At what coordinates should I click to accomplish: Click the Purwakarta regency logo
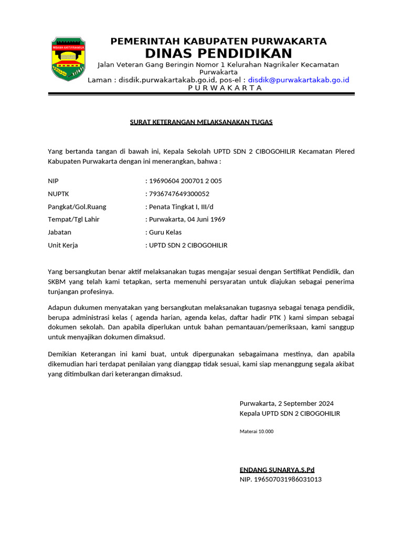pyautogui.click(x=68, y=59)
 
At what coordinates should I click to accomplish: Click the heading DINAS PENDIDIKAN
pyautogui.click(x=218, y=53)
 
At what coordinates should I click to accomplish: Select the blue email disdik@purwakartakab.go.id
pyautogui.click(x=299, y=80)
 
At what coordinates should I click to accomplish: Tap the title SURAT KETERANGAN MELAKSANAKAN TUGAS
pyautogui.click(x=201, y=122)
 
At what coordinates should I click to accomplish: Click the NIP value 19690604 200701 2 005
pyautogui.click(x=185, y=181)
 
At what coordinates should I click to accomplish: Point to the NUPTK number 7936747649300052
pyautogui.click(x=179, y=194)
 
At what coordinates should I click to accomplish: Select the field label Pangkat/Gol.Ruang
pyautogui.click(x=77, y=207)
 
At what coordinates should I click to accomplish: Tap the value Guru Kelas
pyautogui.click(x=165, y=232)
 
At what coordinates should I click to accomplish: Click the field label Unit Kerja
pyautogui.click(x=63, y=245)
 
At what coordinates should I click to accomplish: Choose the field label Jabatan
pyautogui.click(x=60, y=232)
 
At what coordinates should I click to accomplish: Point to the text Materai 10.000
pyautogui.click(x=257, y=432)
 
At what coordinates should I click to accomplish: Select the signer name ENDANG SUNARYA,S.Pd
pyautogui.click(x=277, y=469)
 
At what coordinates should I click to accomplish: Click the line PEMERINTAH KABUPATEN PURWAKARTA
pyautogui.click(x=218, y=41)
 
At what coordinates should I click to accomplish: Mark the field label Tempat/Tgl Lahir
pyautogui.click(x=74, y=219)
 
